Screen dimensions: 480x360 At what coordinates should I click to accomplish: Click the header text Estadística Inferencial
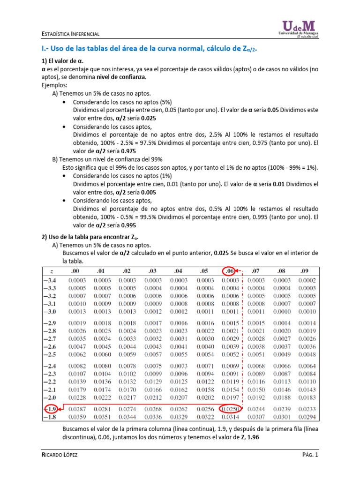69,34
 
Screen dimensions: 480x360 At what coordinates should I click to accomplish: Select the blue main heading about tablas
150,49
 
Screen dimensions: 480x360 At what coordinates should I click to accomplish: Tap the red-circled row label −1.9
50,409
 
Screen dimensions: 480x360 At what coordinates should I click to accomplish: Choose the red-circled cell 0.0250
230,409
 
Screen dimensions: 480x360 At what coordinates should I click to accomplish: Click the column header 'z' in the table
50,271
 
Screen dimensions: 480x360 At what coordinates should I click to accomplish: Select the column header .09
305,271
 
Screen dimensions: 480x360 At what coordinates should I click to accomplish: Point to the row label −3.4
50,280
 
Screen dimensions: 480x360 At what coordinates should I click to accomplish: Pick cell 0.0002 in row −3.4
305,280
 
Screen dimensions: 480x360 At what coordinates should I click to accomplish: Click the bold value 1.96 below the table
251,437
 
